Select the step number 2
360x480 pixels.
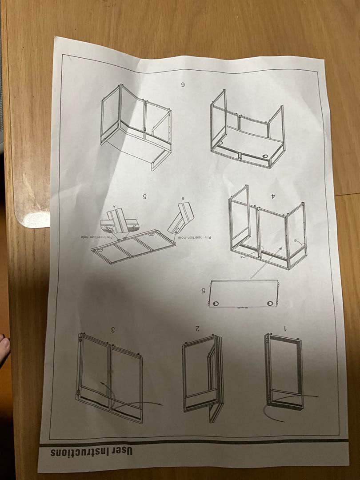click(x=196, y=328)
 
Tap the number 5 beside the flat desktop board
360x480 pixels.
click(x=203, y=291)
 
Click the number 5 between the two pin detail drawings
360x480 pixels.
click(x=144, y=196)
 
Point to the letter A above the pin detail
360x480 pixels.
click(x=115, y=206)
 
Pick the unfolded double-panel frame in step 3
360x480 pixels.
click(x=110, y=377)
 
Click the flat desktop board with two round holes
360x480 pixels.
click(x=243, y=293)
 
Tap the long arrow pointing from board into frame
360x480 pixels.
click(x=266, y=263)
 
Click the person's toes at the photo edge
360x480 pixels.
click(x=4, y=344)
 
